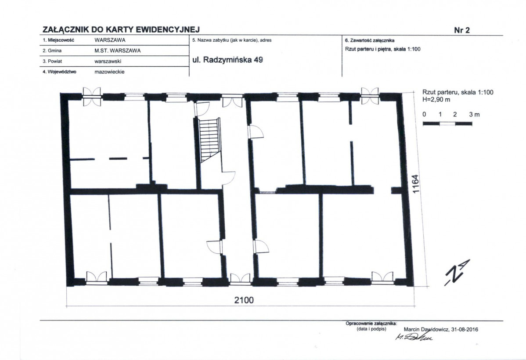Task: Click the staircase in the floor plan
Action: coord(209,140)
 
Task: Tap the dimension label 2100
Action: coord(244,300)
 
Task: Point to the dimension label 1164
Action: coord(416,184)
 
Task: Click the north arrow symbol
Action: coord(457,272)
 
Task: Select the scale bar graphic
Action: coord(447,124)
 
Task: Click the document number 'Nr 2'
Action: coord(462,30)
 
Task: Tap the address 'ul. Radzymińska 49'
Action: coord(228,60)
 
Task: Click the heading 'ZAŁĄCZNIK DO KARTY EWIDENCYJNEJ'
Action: coord(121,29)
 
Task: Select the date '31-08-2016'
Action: coord(465,329)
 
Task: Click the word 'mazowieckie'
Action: coord(109,72)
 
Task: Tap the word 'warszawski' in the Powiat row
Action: coord(108,61)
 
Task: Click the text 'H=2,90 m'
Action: coord(436,100)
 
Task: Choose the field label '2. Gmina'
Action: coord(52,50)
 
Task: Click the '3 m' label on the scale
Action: coord(474,115)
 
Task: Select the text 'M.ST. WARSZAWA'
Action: coord(118,50)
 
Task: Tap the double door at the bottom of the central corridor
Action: coord(241,279)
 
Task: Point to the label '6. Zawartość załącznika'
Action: coord(370,40)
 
